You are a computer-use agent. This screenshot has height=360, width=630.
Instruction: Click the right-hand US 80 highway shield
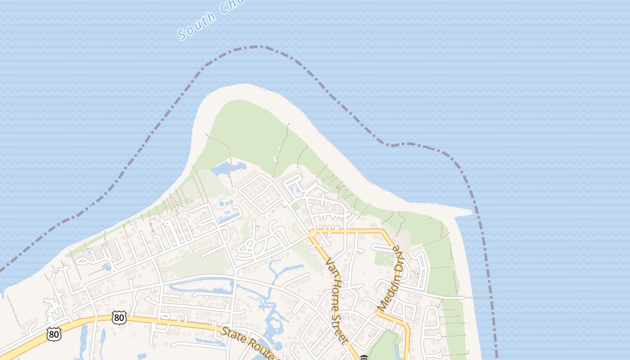tap(119, 318)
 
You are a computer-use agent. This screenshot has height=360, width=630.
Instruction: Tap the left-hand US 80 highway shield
tap(54, 334)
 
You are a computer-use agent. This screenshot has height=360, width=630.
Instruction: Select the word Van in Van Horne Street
tap(330, 266)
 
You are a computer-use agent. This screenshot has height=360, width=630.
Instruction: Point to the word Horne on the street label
tap(337, 290)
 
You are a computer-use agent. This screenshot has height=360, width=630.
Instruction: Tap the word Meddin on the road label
tap(386, 295)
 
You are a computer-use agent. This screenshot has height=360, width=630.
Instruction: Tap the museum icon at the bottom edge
tap(364, 358)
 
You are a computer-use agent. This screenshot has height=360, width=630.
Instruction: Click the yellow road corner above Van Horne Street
tap(311, 233)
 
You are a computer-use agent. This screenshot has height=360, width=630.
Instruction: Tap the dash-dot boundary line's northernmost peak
tap(258, 46)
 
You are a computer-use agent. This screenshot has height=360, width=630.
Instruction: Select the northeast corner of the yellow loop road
tap(383, 232)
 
